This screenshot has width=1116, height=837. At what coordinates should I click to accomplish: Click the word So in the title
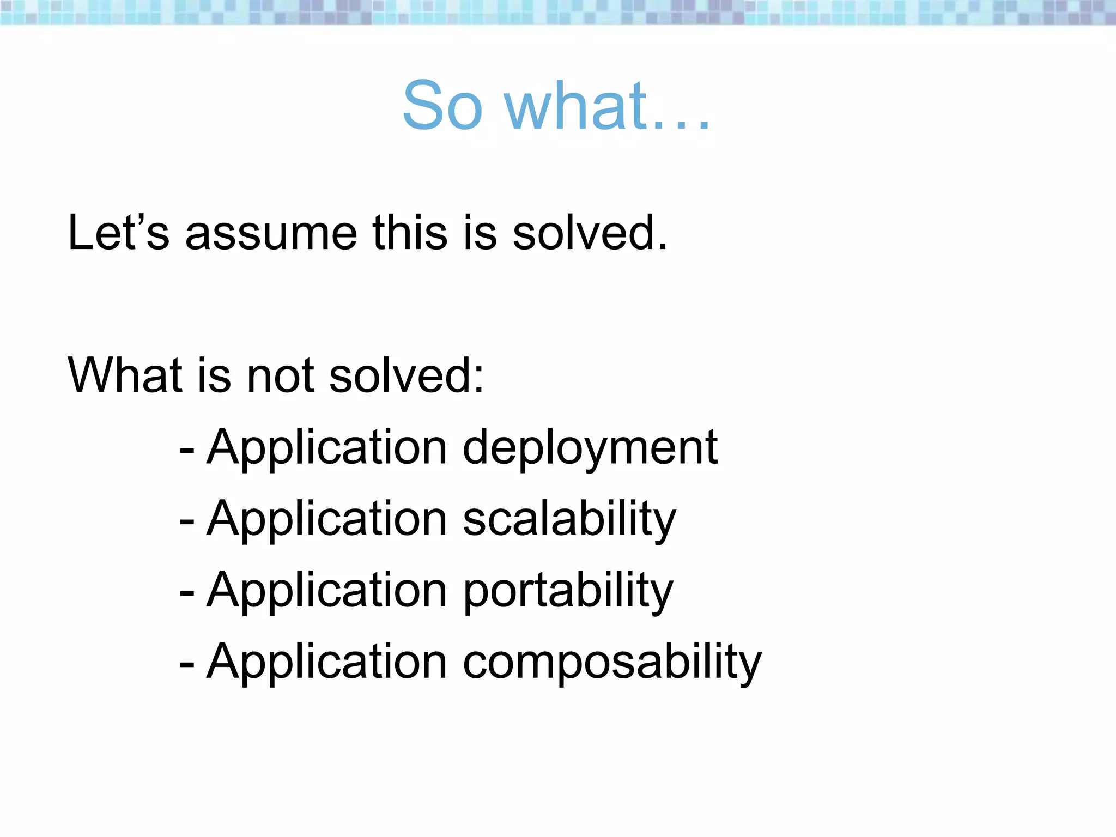[x=442, y=106]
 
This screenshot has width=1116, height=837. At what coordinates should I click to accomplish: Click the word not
[x=280, y=376]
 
